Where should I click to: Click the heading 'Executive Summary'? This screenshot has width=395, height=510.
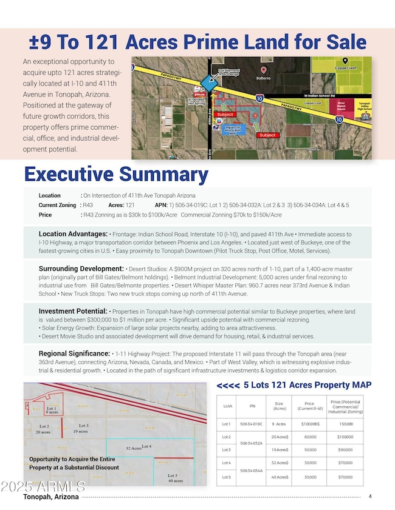coord(116,175)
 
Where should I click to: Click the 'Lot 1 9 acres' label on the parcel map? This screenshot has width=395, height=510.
coord(52,409)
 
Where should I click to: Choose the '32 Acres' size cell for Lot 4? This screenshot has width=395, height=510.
coord(279,463)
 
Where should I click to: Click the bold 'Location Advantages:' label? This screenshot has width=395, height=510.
coord(73,233)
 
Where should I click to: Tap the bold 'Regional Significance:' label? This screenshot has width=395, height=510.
coord(75,354)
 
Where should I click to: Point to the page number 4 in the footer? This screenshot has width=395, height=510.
coord(370,497)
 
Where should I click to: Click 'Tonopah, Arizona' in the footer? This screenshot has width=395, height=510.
coord(51,497)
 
